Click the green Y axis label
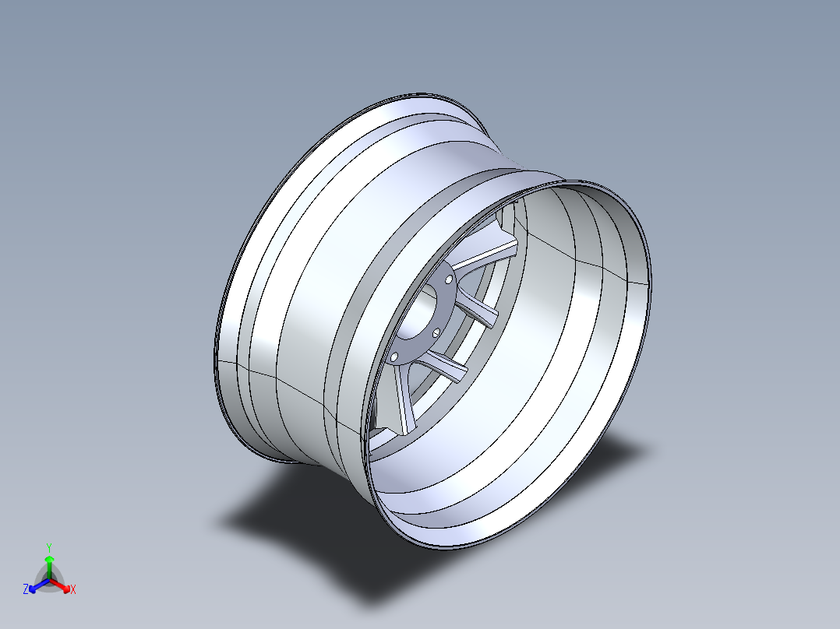click(49, 547)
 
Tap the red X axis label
click(72, 590)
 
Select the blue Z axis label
click(26, 590)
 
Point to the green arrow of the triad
click(49, 564)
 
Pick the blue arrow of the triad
click(37, 585)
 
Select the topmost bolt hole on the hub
click(449, 279)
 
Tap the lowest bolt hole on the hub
click(395, 357)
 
